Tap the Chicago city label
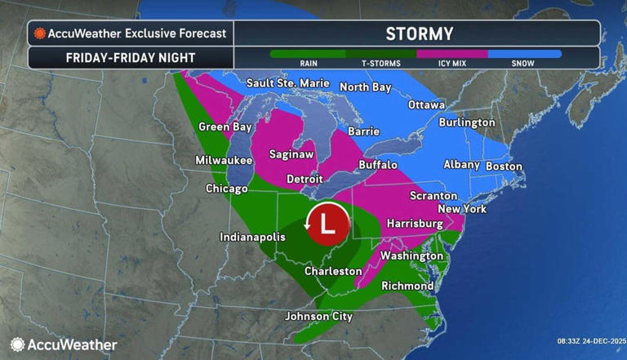(x=226, y=189)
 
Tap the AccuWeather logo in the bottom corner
(x=64, y=344)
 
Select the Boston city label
(x=504, y=166)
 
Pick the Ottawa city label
(x=426, y=105)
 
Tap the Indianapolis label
(x=252, y=237)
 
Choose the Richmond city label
(x=407, y=286)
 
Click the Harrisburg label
(x=414, y=223)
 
